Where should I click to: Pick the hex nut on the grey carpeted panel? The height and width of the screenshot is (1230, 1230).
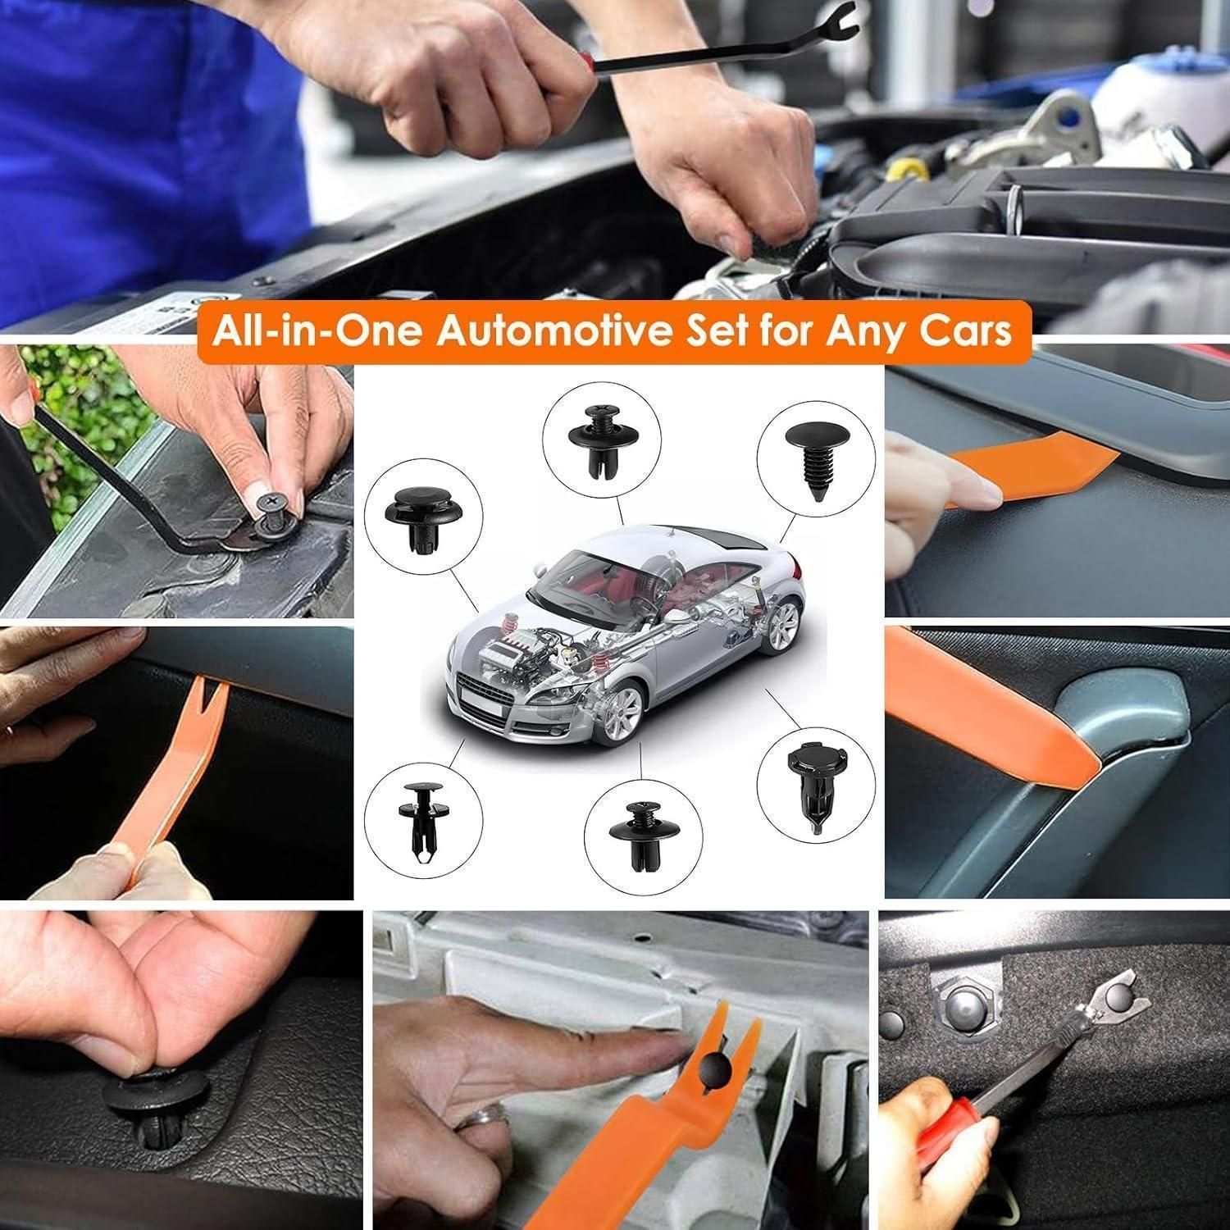pos(964,1004)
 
